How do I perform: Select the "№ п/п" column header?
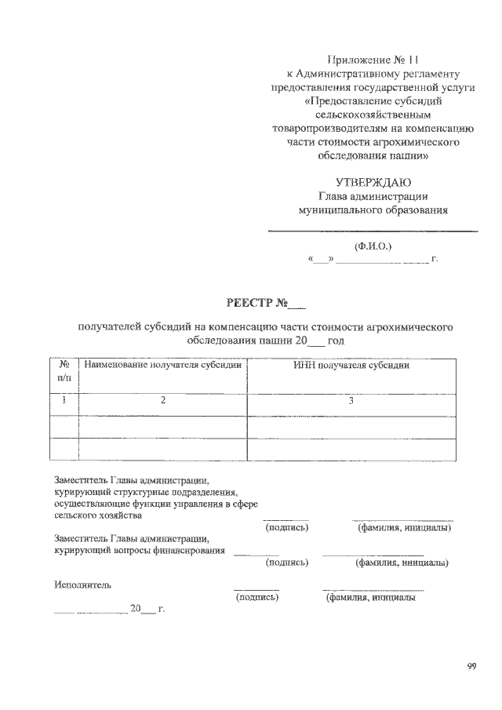(65, 371)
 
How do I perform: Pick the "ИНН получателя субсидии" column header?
(351, 366)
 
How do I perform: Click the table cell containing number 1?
(65, 401)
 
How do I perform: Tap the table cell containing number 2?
(163, 401)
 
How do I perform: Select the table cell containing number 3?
(351, 401)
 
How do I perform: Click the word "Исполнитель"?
(83, 585)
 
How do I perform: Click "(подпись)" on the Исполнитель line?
(257, 598)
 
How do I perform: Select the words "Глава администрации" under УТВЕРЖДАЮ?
(373, 197)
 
